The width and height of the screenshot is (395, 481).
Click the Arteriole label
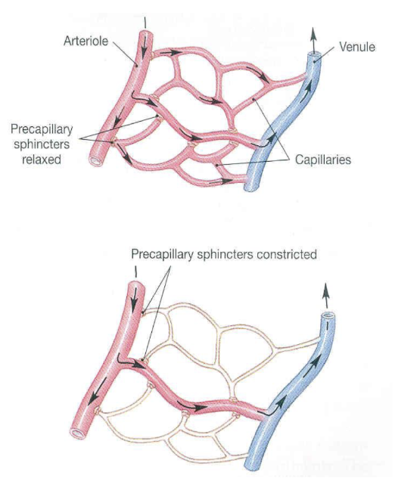click(86, 41)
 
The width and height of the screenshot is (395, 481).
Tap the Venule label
click(357, 47)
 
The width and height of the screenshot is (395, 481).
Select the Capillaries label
click(323, 160)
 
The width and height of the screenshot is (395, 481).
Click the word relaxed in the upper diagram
click(42, 160)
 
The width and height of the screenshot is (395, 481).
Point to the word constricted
click(287, 254)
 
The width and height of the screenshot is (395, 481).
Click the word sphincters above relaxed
click(42, 144)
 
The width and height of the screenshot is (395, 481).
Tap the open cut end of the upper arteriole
click(96, 161)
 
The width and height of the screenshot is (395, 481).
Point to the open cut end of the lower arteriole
click(78, 433)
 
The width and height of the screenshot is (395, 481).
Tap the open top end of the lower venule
click(328, 316)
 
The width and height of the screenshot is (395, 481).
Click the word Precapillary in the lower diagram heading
click(163, 255)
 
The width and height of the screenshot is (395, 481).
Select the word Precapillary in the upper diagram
click(42, 129)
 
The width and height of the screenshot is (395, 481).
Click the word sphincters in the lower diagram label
click(225, 254)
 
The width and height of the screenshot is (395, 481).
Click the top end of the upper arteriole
click(145, 32)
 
